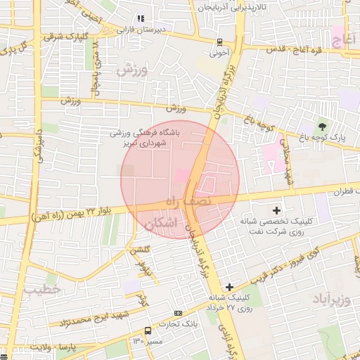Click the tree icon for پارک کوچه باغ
[x=323, y=127]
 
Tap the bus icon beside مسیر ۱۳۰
[x=148, y=330]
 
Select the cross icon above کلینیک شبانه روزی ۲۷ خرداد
[x=229, y=287]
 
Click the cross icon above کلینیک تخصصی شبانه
[x=276, y=210]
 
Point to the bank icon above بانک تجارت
[x=178, y=313]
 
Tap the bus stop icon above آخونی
[x=220, y=41]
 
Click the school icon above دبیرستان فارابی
[x=141, y=18]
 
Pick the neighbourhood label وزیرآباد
[x=330, y=300]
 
